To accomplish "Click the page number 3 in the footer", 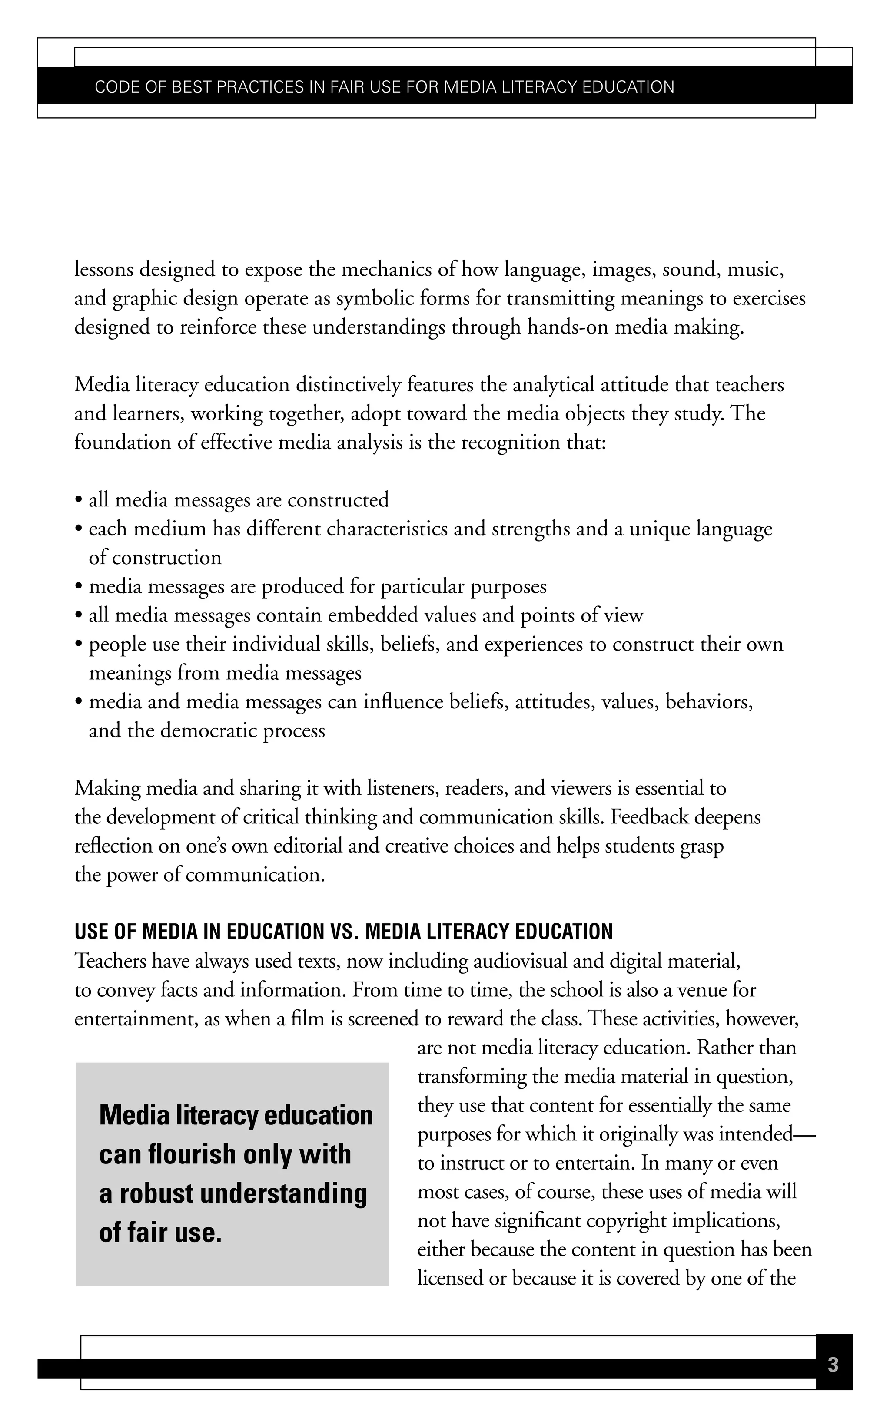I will (x=833, y=1365).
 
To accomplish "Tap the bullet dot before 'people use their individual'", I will (x=78, y=645).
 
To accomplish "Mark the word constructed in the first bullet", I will (x=338, y=500).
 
